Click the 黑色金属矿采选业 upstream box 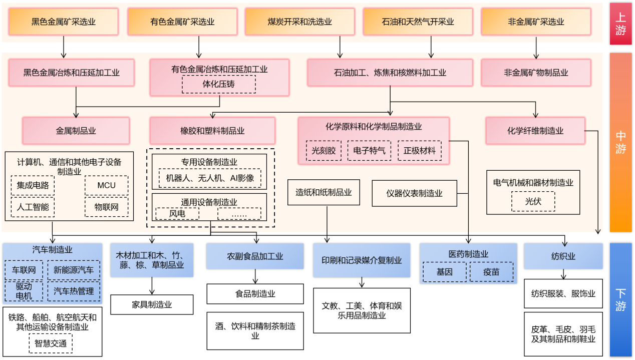pyautogui.click(x=64, y=22)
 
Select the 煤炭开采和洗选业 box pyautogui.click(x=299, y=22)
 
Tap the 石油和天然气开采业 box pyautogui.click(x=418, y=22)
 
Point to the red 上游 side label pyautogui.click(x=620, y=24)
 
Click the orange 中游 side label pyautogui.click(x=620, y=142)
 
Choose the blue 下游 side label pyautogui.click(x=620, y=299)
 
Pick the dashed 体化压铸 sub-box pyautogui.click(x=218, y=84)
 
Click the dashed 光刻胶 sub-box pyautogui.click(x=324, y=150)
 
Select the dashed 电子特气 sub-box pyautogui.click(x=369, y=150)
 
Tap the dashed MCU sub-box pyautogui.click(x=106, y=185)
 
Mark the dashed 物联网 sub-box pyautogui.click(x=106, y=207)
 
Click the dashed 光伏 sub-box pyautogui.click(x=533, y=202)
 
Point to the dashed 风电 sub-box pyautogui.click(x=177, y=214)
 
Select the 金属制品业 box pyautogui.click(x=76, y=131)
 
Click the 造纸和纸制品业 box pyautogui.click(x=324, y=192)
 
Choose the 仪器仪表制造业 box pyautogui.click(x=414, y=193)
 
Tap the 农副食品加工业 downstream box pyautogui.click(x=255, y=256)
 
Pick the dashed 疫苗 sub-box pyautogui.click(x=491, y=272)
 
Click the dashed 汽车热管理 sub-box pyautogui.click(x=74, y=291)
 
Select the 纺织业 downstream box pyautogui.click(x=563, y=256)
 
